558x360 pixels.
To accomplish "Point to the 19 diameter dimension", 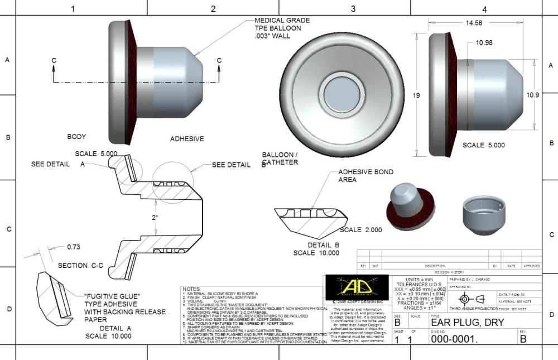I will (x=416, y=95).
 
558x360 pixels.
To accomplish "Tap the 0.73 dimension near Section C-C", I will (x=73, y=246).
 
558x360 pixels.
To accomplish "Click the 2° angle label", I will (x=156, y=217).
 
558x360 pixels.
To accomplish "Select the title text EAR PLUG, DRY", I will (x=468, y=323).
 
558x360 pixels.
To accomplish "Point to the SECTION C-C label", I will (x=80, y=266).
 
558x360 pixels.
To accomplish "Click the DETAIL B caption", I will (x=324, y=244).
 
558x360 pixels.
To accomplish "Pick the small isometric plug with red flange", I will (x=410, y=202).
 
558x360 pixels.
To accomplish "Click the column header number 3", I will (x=353, y=9).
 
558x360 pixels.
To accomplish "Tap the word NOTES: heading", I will (x=192, y=289).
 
